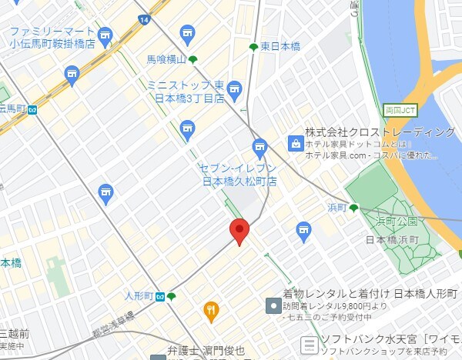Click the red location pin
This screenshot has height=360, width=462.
click(239, 231)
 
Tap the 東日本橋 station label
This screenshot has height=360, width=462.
click(280, 47)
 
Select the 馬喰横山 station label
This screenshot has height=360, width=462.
click(166, 59)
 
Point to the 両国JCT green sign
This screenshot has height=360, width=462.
click(400, 108)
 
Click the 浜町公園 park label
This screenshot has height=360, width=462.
click(402, 221)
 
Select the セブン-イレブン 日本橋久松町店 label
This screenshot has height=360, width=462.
click(238, 174)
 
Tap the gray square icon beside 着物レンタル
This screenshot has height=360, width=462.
click(273, 306)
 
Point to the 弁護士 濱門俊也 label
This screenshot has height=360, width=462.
click(206, 351)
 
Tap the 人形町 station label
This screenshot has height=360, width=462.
click(139, 295)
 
